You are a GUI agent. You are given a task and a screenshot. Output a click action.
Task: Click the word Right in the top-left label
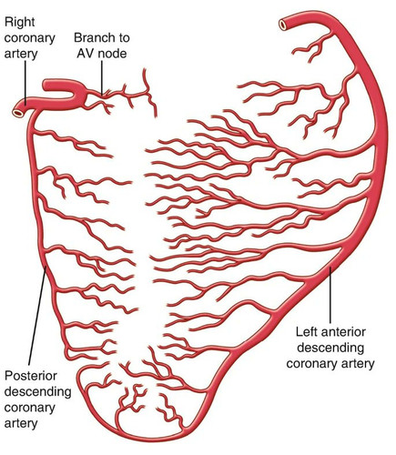click(x=20, y=23)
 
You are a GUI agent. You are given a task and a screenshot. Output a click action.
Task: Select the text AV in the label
click(x=84, y=54)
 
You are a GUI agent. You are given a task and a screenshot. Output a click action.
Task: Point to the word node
click(x=111, y=54)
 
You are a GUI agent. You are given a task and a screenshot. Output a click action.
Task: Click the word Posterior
click(x=31, y=376)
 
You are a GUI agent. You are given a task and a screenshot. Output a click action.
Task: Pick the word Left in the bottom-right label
click(x=307, y=332)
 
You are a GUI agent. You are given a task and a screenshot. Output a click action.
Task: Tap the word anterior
click(x=344, y=332)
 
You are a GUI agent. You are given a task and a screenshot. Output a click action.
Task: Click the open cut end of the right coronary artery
click(x=18, y=113)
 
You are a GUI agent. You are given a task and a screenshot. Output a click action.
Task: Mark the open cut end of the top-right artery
click(x=283, y=25)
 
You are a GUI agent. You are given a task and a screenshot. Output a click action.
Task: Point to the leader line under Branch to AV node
click(x=102, y=77)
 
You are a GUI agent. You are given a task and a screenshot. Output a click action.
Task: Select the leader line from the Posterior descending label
click(x=37, y=316)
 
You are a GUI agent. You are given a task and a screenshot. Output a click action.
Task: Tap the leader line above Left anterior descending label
click(x=330, y=295)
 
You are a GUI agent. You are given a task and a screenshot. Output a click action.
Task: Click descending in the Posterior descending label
click(x=38, y=392)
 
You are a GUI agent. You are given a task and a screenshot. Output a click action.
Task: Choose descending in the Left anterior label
click(x=330, y=348)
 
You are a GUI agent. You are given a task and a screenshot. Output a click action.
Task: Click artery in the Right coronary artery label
click(x=21, y=55)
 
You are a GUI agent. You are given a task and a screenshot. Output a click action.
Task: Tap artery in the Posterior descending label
click(x=21, y=423)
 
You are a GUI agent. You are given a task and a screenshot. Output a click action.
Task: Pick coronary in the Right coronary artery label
click(x=30, y=39)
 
